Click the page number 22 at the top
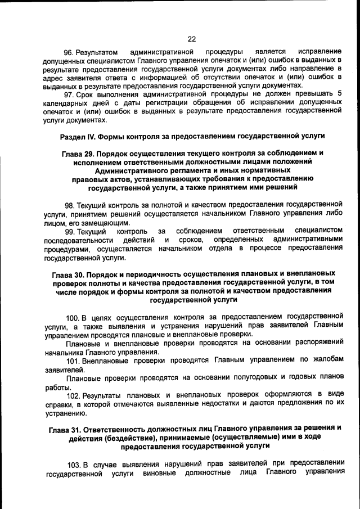191,39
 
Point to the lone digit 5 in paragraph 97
339,93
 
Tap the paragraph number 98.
70,205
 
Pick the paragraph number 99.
70,232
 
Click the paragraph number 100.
73,317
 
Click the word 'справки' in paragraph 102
58,405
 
